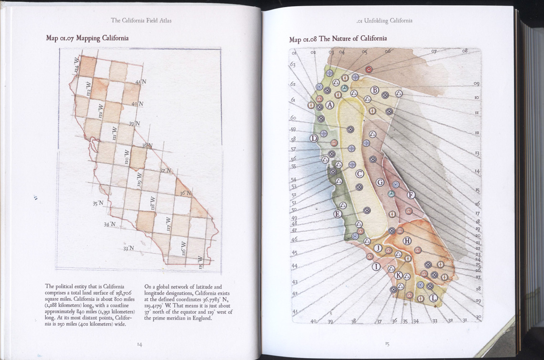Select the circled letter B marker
pyautogui.click(x=375, y=90)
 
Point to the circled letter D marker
pyautogui.click(x=314, y=138)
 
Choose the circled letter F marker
pyautogui.click(x=411, y=195)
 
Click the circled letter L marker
pyautogui.click(x=433, y=298)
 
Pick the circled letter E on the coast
pyautogui.click(x=337, y=214)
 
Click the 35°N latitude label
pyautogui.click(x=98, y=203)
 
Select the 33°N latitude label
pyautogui.click(x=128, y=248)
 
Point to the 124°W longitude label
pyautogui.click(x=77, y=65)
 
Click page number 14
pyautogui.click(x=139, y=344)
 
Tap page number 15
pyautogui.click(x=387, y=343)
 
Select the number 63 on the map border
pyautogui.click(x=293, y=64)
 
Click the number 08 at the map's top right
pyautogui.click(x=465, y=50)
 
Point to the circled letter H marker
pyautogui.click(x=407, y=241)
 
